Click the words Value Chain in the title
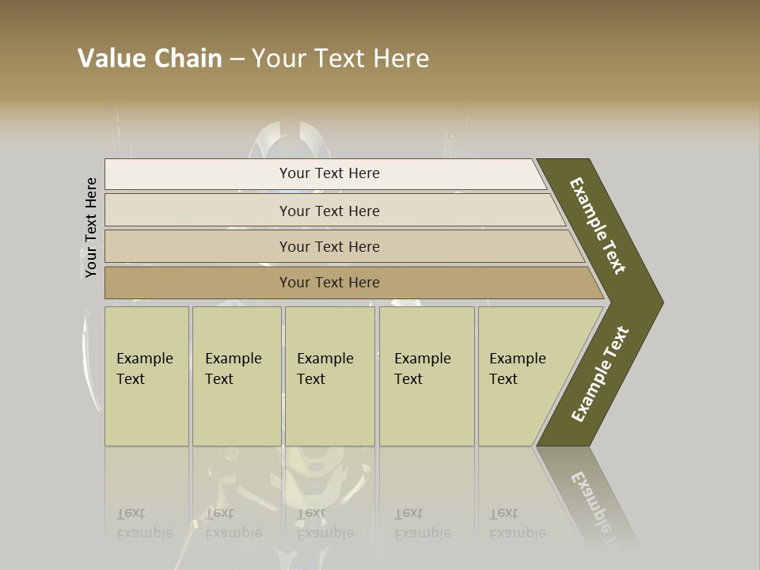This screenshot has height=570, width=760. coord(150,59)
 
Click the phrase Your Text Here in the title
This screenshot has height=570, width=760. coord(340,59)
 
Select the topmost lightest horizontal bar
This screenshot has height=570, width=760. coord(329,173)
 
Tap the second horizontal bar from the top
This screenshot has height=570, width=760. coord(329,211)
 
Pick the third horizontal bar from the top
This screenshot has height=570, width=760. coord(329,246)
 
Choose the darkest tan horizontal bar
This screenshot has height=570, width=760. coord(329,283)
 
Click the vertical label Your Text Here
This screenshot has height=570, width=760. coord(91,227)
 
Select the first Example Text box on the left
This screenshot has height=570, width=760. coord(146,375)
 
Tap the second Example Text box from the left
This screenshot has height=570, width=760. coord(236,375)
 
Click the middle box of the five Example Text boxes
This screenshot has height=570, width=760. coord(329,375)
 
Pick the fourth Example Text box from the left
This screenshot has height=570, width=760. coord(426,375)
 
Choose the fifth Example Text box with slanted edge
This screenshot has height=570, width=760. coord(522,375)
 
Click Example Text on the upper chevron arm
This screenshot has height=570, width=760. coord(598,226)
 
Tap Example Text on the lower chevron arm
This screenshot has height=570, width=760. coord(600,374)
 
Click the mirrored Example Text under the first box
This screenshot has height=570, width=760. coord(144,524)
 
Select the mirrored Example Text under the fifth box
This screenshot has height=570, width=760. coord(517,524)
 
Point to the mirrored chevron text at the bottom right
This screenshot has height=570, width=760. coord(598,507)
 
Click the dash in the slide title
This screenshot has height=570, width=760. coord(237,59)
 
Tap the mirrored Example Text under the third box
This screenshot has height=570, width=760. coord(325,524)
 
